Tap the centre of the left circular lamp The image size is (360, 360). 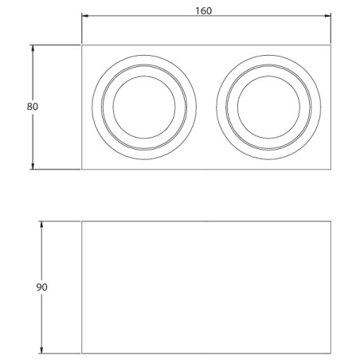tap(143, 107)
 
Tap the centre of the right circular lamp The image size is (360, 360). tap(268, 107)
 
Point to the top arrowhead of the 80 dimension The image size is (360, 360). tap(32, 48)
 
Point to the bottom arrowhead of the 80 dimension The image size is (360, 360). tap(32, 166)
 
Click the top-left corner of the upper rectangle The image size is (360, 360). tap(82, 45)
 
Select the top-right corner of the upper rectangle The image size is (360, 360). tap(331, 45)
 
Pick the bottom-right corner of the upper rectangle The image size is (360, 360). tap(331, 169)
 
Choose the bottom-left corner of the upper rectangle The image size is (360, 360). tap(82, 169)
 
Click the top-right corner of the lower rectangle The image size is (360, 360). tap(331, 222)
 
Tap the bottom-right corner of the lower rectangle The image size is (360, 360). tap(331, 351)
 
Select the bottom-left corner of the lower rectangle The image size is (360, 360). tap(82, 351)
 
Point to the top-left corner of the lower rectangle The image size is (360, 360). tap(82, 222)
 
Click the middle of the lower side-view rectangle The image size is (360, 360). tap(207, 287)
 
